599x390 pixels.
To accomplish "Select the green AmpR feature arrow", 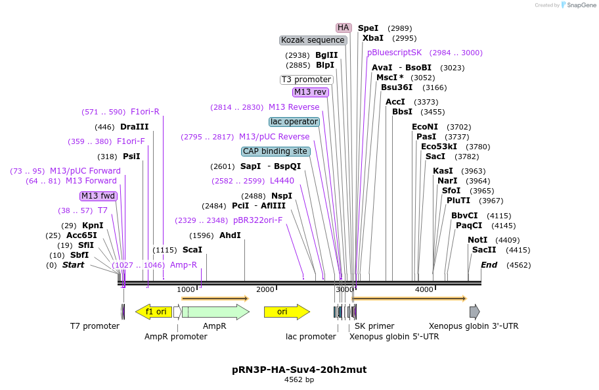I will coord(215,312).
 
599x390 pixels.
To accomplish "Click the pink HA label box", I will coord(343,28).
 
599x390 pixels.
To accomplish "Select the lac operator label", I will coord(294,122).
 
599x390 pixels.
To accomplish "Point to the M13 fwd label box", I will coord(99,196).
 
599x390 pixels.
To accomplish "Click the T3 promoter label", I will coord(307,80).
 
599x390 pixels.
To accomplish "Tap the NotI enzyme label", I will coord(477,240).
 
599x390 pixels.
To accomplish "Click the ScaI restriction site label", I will coord(192,250).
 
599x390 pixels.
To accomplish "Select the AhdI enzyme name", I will coord(230,235).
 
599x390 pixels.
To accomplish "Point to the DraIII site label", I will coord(134,127).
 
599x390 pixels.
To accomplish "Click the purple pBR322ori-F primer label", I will coord(257,220).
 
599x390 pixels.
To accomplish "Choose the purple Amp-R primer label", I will coord(183,265).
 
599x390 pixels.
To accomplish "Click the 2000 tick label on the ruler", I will coord(265,289).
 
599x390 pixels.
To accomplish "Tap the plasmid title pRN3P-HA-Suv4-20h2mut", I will coord(299,370).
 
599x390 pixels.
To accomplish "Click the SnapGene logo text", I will coord(581,5).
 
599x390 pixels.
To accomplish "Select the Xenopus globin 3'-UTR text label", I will coord(473,326).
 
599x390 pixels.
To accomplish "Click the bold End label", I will coord(489,265).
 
